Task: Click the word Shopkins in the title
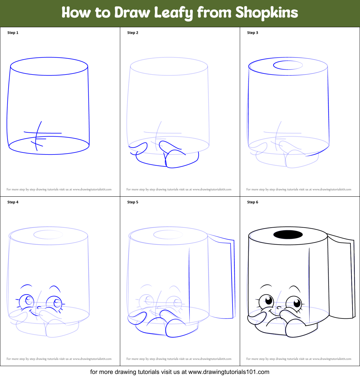[x=266, y=13]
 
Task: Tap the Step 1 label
[x=13, y=33]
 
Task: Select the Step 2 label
[x=133, y=33]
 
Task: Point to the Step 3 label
[x=253, y=33]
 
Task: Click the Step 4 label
[x=13, y=202]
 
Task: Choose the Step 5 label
[x=133, y=202]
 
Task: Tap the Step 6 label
[x=253, y=202]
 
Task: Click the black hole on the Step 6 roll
[x=288, y=234]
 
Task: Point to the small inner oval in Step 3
[x=288, y=65]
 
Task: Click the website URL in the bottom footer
[x=229, y=372]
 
